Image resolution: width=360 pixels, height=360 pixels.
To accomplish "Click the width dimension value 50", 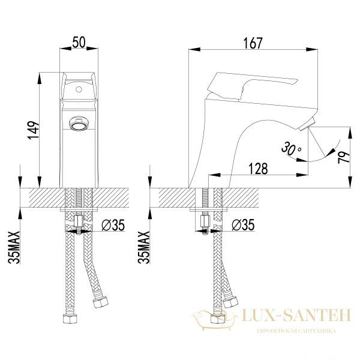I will point(79,43).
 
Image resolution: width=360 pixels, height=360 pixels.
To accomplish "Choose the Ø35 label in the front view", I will point(113,225).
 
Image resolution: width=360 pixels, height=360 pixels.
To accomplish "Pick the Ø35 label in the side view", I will point(242,225).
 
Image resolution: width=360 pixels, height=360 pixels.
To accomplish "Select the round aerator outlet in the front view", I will point(79,124).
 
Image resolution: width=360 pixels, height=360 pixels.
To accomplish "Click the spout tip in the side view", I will point(304,125).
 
